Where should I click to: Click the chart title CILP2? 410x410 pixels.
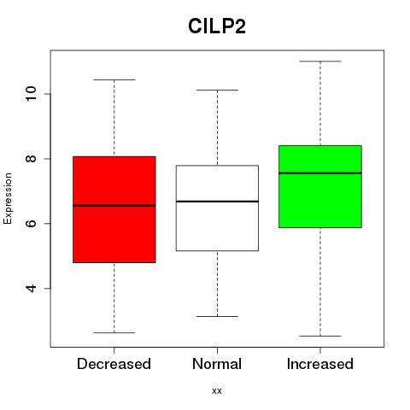[x=217, y=26]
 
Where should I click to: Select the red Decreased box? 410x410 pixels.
[x=114, y=209]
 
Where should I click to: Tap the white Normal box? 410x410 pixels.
[x=217, y=208]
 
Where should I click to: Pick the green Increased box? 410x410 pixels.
[x=320, y=186]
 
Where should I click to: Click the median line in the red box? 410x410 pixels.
[x=114, y=206]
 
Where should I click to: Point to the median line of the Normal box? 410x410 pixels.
[x=217, y=202]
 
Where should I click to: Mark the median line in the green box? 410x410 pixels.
[x=320, y=173]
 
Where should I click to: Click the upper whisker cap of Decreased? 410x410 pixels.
[x=114, y=79]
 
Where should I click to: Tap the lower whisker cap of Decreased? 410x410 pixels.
[x=114, y=332]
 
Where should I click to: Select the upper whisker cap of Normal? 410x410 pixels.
[x=217, y=90]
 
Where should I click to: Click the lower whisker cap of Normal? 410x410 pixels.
[x=217, y=316]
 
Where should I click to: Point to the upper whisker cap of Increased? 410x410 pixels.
[x=320, y=61]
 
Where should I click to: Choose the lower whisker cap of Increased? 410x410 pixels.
[x=320, y=336]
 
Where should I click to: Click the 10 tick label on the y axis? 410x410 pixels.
[x=32, y=94]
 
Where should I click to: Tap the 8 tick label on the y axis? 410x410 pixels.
[x=32, y=159]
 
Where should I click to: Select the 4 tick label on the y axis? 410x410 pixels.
[x=32, y=288]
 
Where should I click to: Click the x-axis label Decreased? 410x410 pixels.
[x=114, y=364]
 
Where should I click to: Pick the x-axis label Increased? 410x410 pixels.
[x=320, y=364]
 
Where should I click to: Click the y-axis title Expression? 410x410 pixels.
[x=8, y=198]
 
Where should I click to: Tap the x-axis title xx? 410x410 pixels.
[x=217, y=391]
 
